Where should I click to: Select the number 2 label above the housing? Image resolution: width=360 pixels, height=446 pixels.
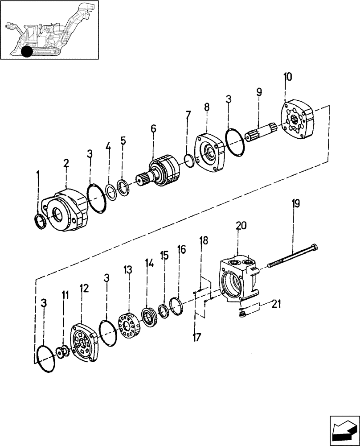click(x=66, y=164)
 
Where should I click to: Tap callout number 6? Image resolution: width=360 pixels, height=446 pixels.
click(x=153, y=129)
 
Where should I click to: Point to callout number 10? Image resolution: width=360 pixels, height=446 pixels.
click(x=288, y=77)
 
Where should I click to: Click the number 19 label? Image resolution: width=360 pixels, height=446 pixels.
click(x=296, y=204)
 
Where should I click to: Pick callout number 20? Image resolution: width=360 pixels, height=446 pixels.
click(x=241, y=226)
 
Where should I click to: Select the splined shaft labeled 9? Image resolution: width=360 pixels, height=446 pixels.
click(x=263, y=130)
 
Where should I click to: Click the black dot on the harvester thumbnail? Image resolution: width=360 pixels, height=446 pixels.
click(x=27, y=52)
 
